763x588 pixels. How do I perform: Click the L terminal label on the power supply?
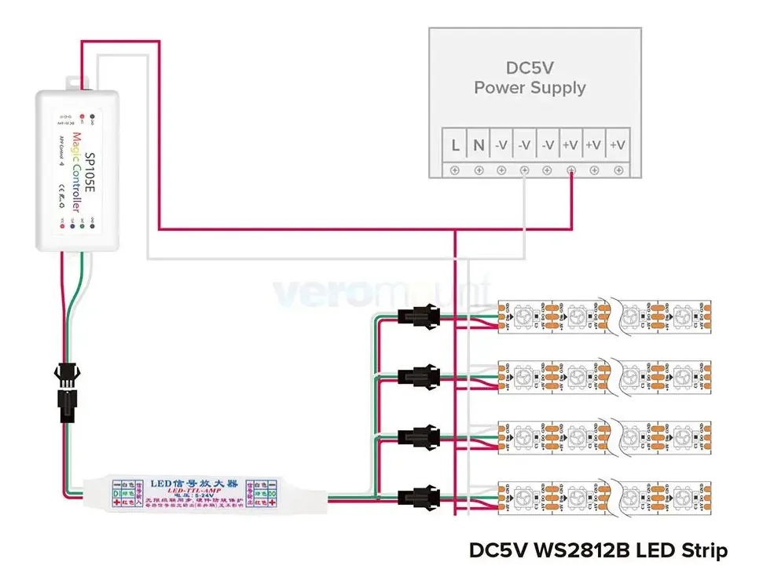tap(455, 145)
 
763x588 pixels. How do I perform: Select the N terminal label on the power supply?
tap(479, 145)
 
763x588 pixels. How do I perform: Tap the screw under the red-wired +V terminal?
tap(571, 170)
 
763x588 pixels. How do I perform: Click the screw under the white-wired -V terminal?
tap(525, 170)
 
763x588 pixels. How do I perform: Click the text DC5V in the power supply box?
tap(530, 68)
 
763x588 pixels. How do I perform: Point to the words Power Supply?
tap(530, 88)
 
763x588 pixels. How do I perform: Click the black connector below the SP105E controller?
tap(64, 391)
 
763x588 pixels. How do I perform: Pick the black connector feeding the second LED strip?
tap(417, 376)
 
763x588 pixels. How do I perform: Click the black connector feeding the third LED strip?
tap(417, 436)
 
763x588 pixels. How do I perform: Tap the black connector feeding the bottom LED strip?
tap(417, 495)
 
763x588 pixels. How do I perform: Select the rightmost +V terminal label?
tap(618, 145)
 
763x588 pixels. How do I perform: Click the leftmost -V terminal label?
tap(501, 145)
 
